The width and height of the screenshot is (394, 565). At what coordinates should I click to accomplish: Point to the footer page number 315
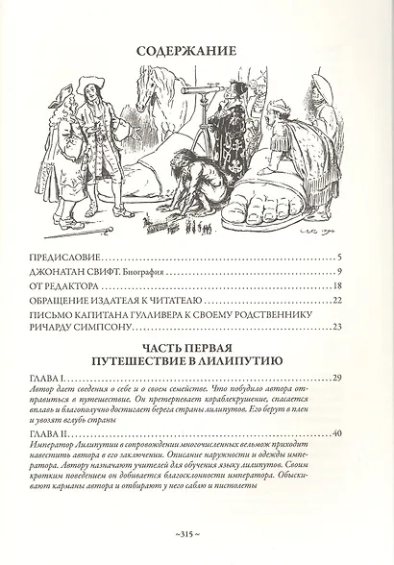197,535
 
